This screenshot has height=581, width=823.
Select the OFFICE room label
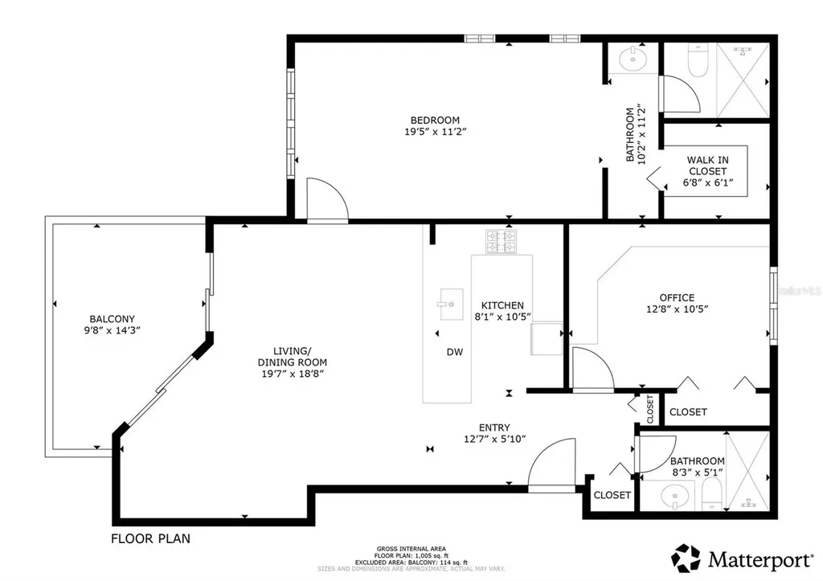[x=677, y=297]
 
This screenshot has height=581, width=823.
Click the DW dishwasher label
[x=455, y=352]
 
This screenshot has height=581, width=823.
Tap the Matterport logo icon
[x=686, y=558]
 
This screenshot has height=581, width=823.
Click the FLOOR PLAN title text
[x=150, y=538]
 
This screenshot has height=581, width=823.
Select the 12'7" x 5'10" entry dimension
[x=493, y=439]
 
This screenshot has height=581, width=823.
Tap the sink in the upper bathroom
[x=633, y=58]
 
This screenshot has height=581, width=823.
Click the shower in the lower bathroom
[x=747, y=471]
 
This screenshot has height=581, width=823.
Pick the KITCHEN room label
[x=502, y=305]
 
